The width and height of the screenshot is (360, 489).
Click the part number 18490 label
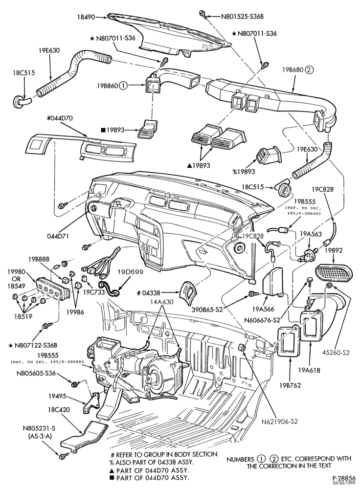[86, 17]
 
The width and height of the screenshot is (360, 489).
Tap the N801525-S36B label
[243, 16]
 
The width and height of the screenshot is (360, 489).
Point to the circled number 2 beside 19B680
[309, 70]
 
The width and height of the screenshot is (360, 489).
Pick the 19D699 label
[131, 271]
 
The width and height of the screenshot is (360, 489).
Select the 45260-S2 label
[337, 353]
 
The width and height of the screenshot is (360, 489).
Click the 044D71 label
[58, 236]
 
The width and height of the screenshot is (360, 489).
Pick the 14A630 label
[160, 302]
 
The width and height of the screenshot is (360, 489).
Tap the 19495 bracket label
[57, 396]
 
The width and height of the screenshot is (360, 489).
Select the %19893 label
[243, 171]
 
